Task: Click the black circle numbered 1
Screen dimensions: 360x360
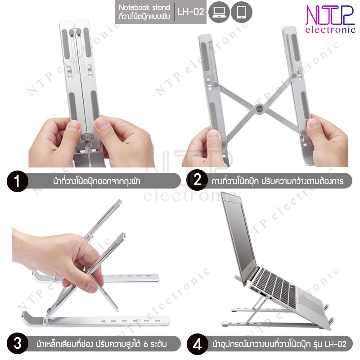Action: [18, 181]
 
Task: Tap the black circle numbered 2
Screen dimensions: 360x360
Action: [197, 180]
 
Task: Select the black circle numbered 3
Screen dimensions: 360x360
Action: [18, 344]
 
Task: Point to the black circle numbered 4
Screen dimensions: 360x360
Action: [197, 344]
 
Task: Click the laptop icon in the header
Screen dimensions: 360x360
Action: [219, 12]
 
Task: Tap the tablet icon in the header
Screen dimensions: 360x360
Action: [242, 12]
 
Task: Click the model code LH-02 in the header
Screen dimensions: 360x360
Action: [191, 12]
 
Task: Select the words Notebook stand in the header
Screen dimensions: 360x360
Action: [144, 8]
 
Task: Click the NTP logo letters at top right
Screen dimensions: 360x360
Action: [330, 15]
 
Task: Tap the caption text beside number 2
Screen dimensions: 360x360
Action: [278, 181]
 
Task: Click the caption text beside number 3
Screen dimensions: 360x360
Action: [101, 344]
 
